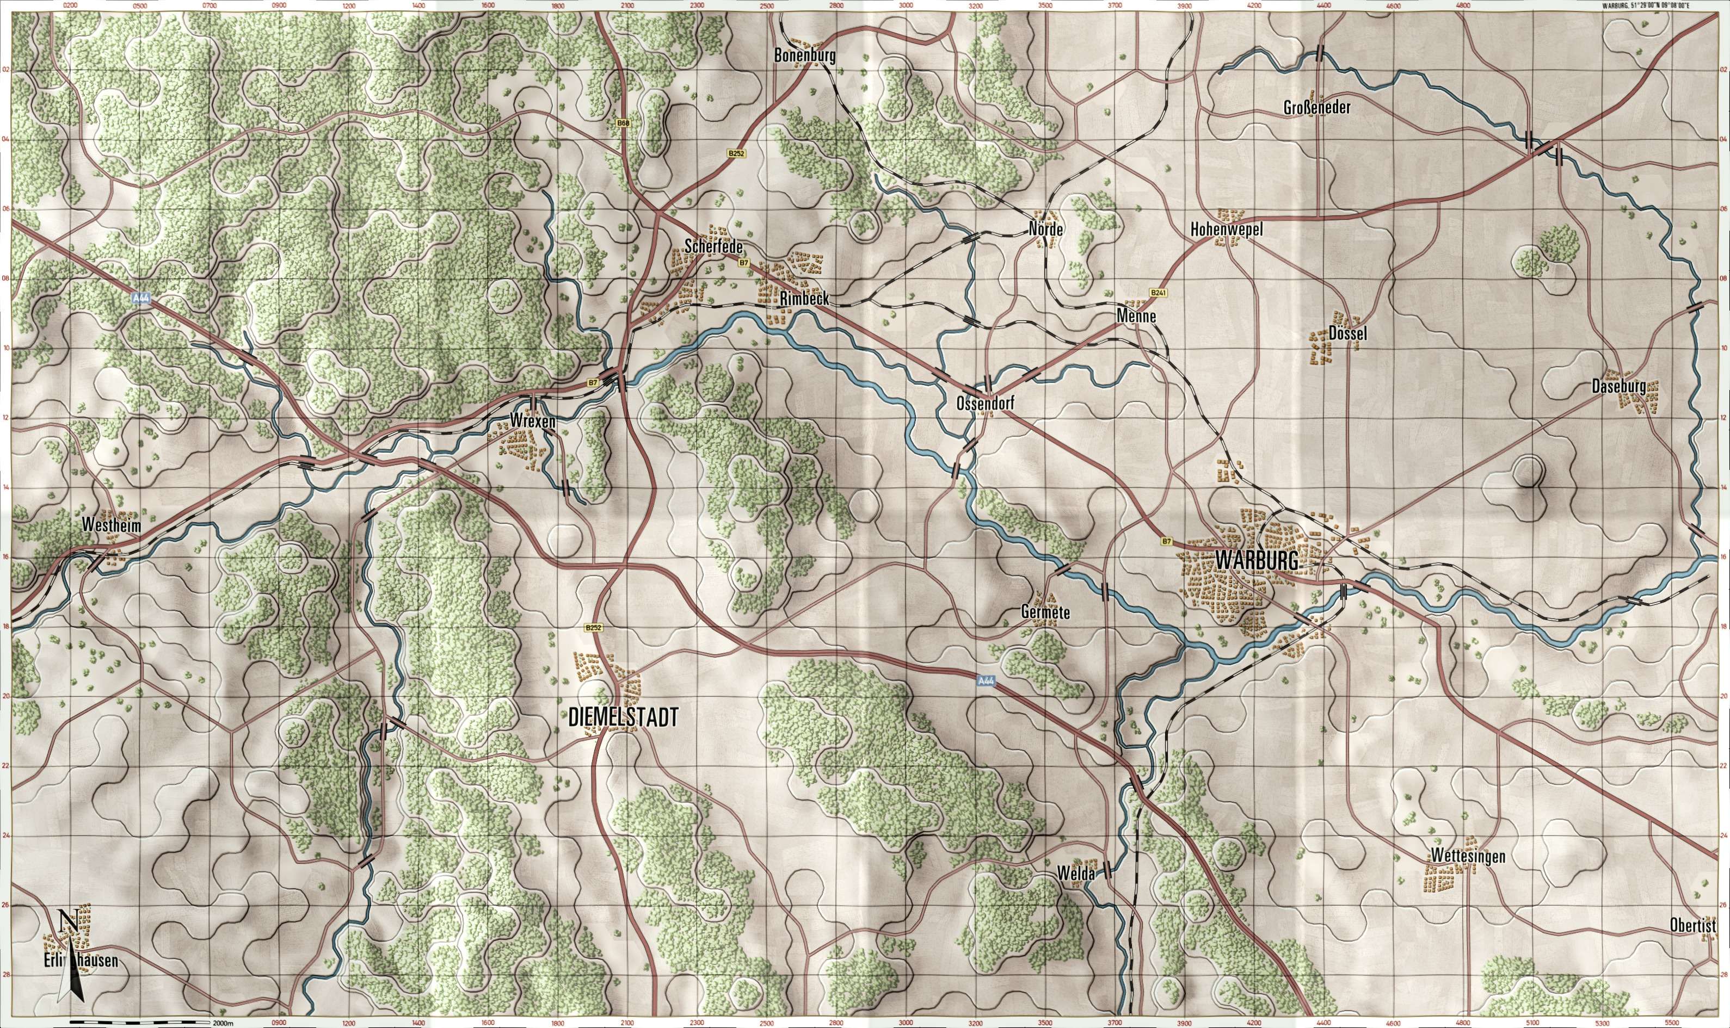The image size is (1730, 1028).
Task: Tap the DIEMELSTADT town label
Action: (x=623, y=717)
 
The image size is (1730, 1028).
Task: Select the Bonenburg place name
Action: (x=805, y=56)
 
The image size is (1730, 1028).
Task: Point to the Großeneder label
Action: (x=1317, y=108)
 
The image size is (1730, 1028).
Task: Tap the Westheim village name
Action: (x=111, y=527)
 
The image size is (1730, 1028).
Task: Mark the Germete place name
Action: (x=1045, y=612)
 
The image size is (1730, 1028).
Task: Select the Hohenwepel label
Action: (x=1230, y=230)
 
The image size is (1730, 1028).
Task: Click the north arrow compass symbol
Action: (x=69, y=956)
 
